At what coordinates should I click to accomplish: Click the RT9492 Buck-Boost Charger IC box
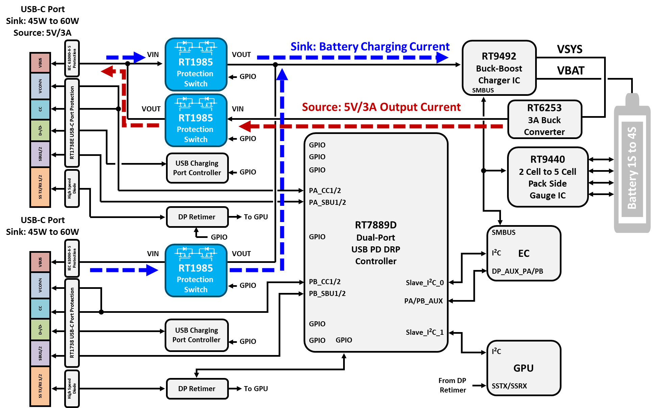click(x=499, y=68)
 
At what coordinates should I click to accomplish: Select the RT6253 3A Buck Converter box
click(x=545, y=119)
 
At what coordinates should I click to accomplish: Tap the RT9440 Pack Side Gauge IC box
click(x=548, y=177)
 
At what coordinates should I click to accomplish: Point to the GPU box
click(x=524, y=368)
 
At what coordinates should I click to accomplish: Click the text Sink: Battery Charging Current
click(x=370, y=47)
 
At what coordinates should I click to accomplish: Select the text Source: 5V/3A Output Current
click(x=381, y=107)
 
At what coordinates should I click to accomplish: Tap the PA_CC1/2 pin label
click(x=325, y=191)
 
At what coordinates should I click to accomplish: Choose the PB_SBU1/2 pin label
click(x=327, y=294)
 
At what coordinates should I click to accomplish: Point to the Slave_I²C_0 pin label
click(x=425, y=283)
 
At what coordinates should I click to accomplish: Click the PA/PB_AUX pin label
click(x=423, y=301)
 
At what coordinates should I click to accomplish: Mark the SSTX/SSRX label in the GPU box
click(x=509, y=386)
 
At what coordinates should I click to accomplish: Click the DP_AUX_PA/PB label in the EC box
click(x=517, y=271)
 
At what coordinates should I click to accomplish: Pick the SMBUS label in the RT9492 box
click(x=483, y=90)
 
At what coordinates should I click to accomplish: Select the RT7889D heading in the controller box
click(x=376, y=225)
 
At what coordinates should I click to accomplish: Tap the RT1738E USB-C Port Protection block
click(x=72, y=123)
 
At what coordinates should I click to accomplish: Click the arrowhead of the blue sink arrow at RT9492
click(x=442, y=58)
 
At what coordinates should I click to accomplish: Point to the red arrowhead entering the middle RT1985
click(x=245, y=127)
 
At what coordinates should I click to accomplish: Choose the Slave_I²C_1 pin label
click(x=425, y=332)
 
